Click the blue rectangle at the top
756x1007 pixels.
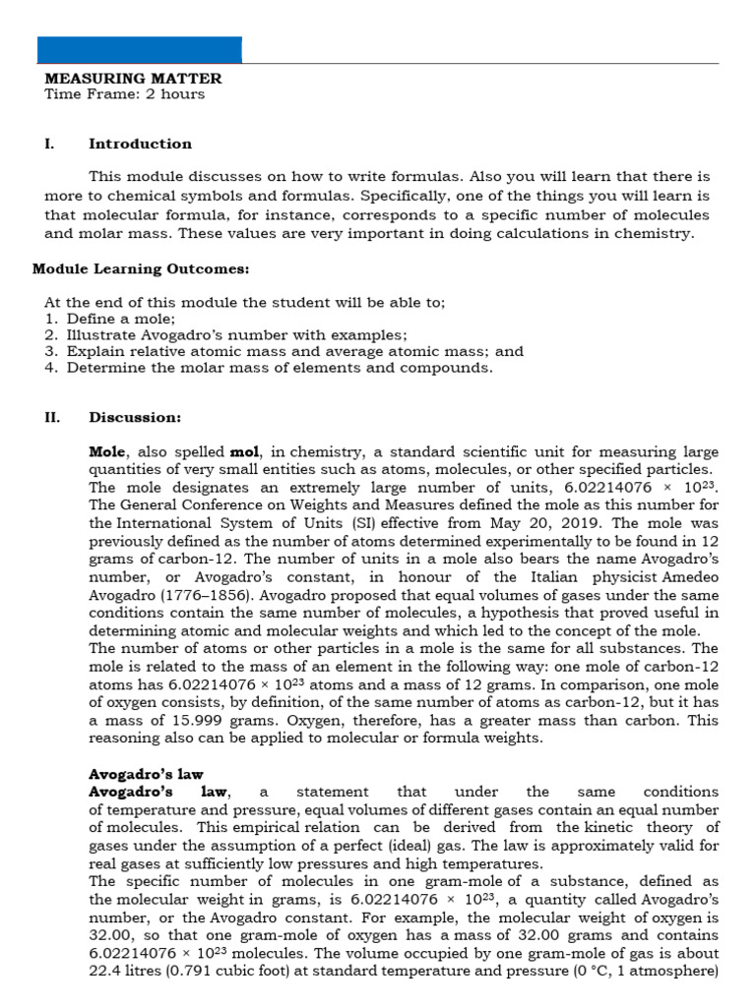(x=139, y=49)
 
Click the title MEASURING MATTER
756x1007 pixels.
(x=133, y=79)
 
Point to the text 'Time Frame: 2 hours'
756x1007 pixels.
(x=125, y=94)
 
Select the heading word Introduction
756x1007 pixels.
(x=141, y=144)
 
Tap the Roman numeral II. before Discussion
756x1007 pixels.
(x=52, y=417)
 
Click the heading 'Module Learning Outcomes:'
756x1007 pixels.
(x=141, y=268)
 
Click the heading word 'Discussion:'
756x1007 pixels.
(x=135, y=417)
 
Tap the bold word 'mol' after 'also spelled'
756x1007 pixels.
(x=243, y=452)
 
